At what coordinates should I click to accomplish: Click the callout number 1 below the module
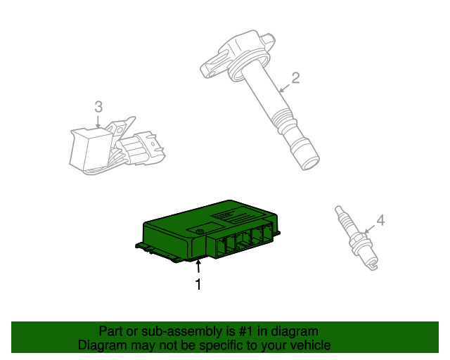point(198,284)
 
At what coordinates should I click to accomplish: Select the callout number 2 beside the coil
point(295,78)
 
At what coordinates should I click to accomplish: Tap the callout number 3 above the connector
point(98,107)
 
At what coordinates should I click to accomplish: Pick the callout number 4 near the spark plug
point(380,221)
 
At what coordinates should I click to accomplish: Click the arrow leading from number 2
point(284,88)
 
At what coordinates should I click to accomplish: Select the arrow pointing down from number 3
point(98,121)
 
